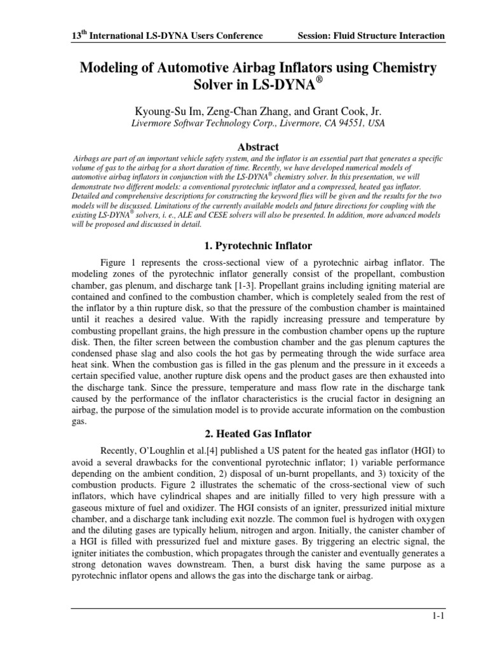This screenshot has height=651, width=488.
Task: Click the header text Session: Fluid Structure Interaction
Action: [x=371, y=36]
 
